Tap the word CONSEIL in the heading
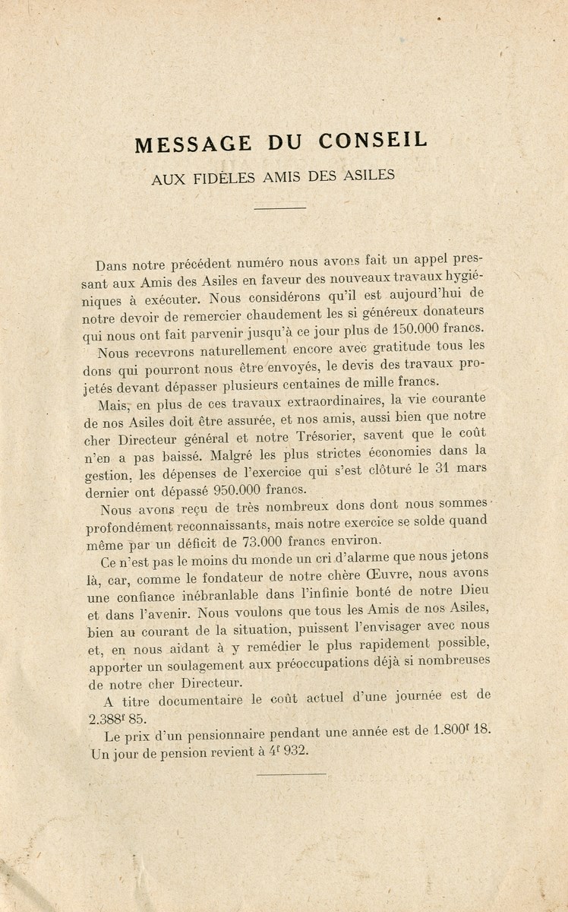tap(373, 141)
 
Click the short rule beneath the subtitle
tap(279, 208)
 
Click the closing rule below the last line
tap(291, 774)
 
